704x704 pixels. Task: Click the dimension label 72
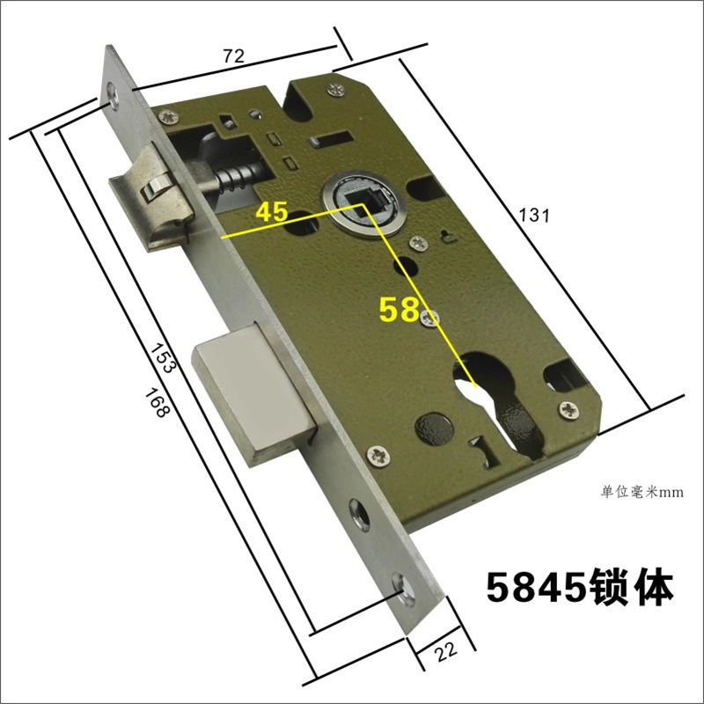[234, 55]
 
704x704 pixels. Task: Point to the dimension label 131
[534, 215]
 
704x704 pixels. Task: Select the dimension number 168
[157, 403]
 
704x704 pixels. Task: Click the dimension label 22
[446, 650]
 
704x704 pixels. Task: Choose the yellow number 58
[400, 309]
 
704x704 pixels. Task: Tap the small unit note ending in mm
[642, 492]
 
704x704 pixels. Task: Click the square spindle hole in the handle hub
[364, 200]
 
